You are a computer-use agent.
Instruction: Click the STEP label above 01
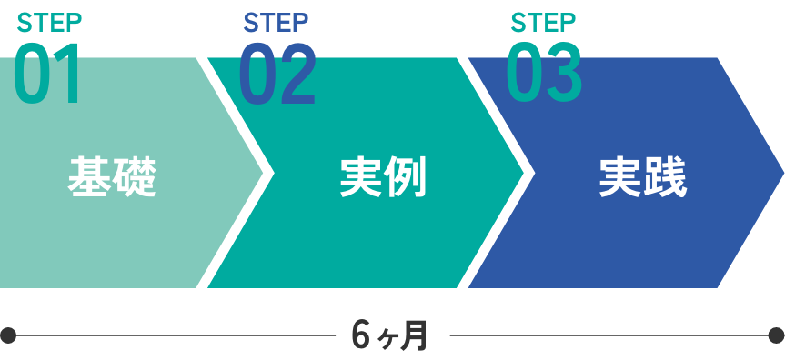(49, 22)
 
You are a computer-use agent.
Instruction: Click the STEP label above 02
(276, 22)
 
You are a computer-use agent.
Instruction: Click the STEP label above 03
(543, 22)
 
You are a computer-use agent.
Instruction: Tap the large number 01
(47, 75)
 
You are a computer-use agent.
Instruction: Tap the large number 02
(277, 75)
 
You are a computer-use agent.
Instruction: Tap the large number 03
(544, 75)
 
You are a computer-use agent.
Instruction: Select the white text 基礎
(112, 177)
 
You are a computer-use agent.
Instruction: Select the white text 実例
(383, 177)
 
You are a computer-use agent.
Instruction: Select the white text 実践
(642, 177)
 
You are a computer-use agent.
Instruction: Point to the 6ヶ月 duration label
(389, 335)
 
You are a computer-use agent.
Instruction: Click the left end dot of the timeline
(8, 335)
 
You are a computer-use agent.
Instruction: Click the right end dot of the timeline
(776, 335)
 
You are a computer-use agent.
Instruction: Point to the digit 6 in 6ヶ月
(361, 335)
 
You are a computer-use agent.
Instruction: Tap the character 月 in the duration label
(414, 335)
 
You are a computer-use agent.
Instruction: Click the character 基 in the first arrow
(90, 177)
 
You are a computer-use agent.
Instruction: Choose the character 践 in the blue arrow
(665, 177)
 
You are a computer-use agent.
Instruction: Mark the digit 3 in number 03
(564, 75)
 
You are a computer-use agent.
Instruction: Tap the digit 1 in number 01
(69, 75)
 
